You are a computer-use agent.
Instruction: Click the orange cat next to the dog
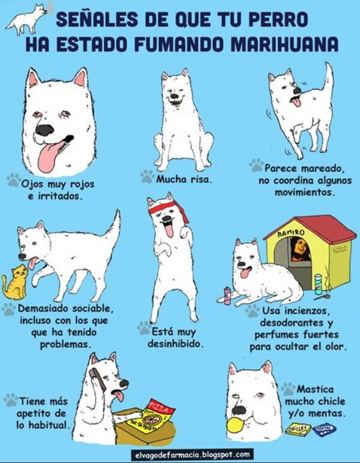(14, 282)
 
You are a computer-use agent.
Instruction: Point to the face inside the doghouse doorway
(298, 249)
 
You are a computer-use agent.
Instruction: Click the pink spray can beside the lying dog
(227, 295)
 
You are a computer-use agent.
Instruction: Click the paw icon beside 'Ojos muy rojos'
(13, 179)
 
